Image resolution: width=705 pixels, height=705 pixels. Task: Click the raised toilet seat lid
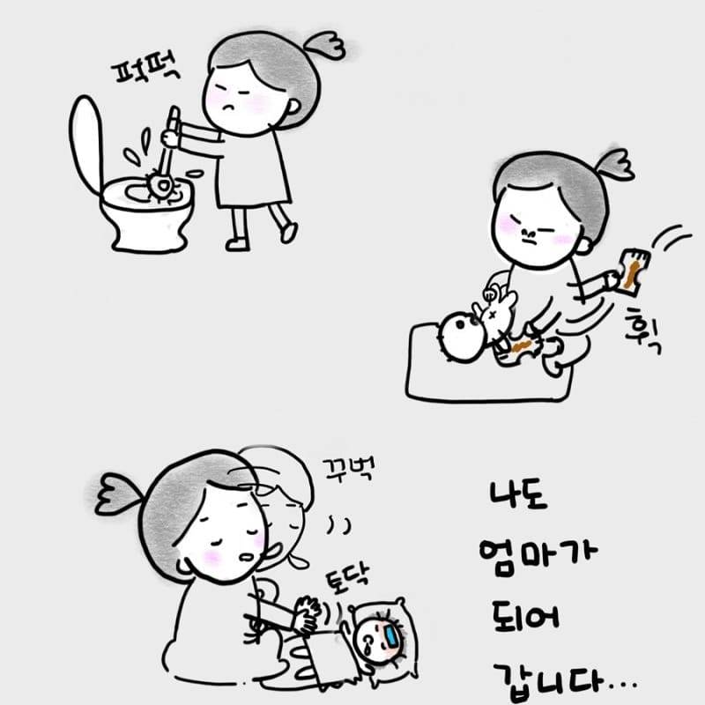pyautogui.click(x=85, y=143)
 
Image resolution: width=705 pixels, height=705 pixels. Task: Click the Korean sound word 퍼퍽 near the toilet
pyautogui.click(x=146, y=71)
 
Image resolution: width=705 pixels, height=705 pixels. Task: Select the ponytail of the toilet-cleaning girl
pyautogui.click(x=325, y=45)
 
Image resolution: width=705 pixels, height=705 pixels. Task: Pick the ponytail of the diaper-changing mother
pyautogui.click(x=614, y=164)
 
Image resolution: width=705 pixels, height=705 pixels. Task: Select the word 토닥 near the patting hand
pyautogui.click(x=347, y=577)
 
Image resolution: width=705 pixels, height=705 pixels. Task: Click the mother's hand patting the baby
pyautogui.click(x=308, y=614)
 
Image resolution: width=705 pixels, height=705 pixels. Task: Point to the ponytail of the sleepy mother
pyautogui.click(x=118, y=493)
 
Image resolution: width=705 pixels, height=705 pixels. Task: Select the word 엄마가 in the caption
pyautogui.click(x=538, y=556)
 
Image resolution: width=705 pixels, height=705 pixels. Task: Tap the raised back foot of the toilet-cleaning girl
pyautogui.click(x=288, y=233)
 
